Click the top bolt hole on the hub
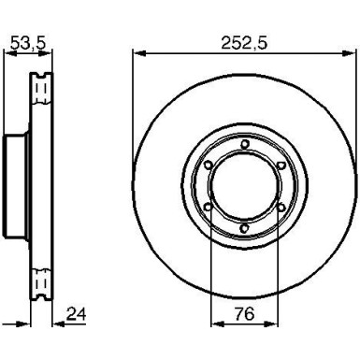241,143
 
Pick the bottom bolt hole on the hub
241,227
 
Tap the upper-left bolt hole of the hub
205,165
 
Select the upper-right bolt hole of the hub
278,165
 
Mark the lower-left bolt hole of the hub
205,207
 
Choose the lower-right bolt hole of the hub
278,207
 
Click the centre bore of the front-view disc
241,185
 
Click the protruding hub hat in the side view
12,185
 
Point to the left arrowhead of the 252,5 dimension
136,53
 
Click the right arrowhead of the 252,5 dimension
346,53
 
